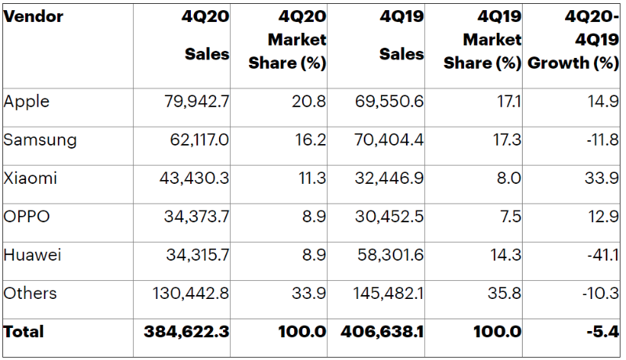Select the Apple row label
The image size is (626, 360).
click(26, 102)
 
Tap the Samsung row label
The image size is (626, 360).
click(40, 140)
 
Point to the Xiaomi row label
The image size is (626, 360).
click(30, 178)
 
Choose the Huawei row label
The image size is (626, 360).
click(32, 255)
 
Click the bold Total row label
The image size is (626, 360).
click(23, 332)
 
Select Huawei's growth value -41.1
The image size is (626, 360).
click(603, 255)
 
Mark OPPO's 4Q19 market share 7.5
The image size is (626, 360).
click(509, 217)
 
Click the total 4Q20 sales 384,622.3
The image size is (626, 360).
click(186, 332)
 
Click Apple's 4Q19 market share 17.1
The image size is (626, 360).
click(509, 102)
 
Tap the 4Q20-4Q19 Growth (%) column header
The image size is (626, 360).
click(574, 40)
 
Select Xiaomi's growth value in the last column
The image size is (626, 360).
click(604, 178)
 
